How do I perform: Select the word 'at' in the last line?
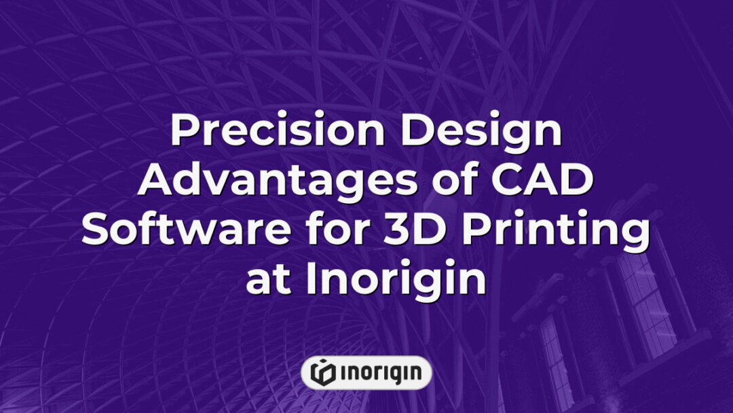click(x=266, y=279)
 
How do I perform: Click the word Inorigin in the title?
click(x=396, y=279)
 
